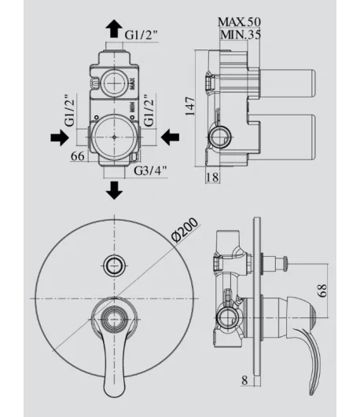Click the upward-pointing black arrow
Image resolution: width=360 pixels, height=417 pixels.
coord(114,28)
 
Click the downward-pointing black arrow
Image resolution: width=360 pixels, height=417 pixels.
coord(114,190)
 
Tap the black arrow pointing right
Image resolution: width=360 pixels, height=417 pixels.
coord(60,137)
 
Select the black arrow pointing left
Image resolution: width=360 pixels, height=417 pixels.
coord(170,137)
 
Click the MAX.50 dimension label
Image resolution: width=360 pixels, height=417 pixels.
coord(239,22)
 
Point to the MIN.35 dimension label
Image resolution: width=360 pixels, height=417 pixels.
coord(241,35)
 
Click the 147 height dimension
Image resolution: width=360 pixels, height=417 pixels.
coord(190,106)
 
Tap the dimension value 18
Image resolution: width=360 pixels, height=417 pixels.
coord(212,177)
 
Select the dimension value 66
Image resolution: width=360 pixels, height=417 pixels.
coord(78,156)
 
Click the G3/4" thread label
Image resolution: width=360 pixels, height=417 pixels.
coord(150,170)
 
